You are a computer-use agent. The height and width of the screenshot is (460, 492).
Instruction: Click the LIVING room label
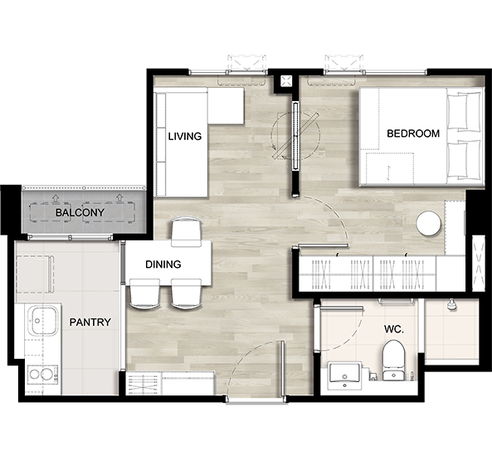coord(185,136)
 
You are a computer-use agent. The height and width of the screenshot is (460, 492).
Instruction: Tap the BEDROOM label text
coord(413,133)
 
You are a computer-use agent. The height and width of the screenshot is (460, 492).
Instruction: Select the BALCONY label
coord(80,213)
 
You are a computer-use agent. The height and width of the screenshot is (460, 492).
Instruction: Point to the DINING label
coord(163,264)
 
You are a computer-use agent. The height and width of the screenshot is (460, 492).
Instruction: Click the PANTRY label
coord(90,322)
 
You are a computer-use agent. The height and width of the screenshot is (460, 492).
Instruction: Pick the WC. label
coord(394,329)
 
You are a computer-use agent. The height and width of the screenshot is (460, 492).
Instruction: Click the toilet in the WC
coord(393,361)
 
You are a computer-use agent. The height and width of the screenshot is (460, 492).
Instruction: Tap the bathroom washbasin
coord(344,375)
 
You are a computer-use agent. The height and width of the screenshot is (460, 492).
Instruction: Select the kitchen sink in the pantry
coord(42,321)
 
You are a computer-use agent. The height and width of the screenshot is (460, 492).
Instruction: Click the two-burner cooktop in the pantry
coord(42,374)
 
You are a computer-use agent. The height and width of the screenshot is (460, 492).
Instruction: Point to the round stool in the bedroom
coord(428,224)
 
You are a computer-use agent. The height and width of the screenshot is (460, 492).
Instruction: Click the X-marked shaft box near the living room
coord(286,81)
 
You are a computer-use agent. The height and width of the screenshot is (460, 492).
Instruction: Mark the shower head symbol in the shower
coord(451,304)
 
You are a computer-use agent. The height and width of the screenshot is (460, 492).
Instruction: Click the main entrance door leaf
coord(283,368)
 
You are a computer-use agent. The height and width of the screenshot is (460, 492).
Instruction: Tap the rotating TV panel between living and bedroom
coord(295,135)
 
